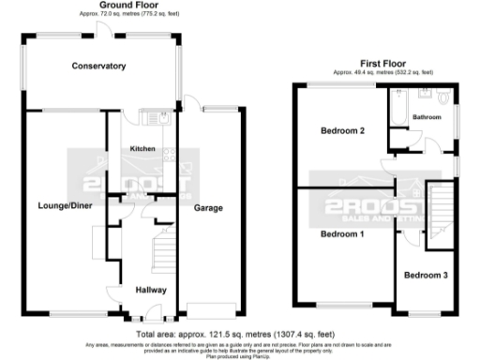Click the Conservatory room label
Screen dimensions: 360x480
click(100, 66)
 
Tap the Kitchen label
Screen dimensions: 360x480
click(142, 148)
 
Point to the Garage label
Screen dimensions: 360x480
click(208, 207)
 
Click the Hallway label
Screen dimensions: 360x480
click(151, 289)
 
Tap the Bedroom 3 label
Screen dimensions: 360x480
click(426, 275)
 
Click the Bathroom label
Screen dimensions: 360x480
click(427, 117)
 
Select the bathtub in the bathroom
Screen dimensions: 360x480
click(397, 109)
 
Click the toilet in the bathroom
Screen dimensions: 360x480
click(444, 97)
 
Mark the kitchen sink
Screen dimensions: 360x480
click(155, 119)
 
